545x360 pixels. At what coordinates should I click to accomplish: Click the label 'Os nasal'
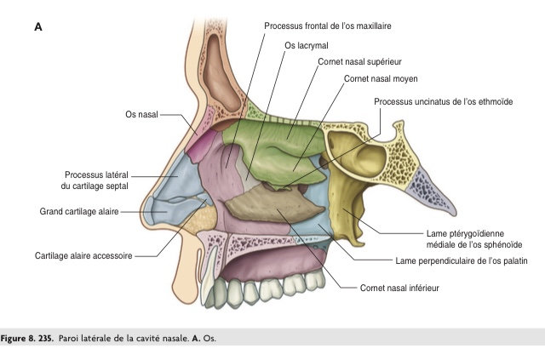tap(141, 114)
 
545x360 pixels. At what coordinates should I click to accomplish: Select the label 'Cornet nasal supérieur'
tap(359, 61)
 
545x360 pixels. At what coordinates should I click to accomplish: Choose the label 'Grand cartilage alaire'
tap(78, 210)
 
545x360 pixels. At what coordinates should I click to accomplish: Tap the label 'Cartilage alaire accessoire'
tap(83, 254)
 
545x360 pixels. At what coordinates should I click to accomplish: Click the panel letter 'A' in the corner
tap(38, 27)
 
